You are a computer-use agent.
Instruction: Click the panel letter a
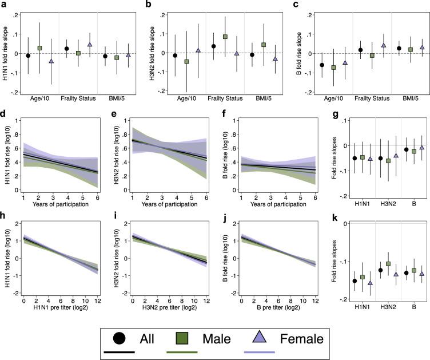[x=4, y=5]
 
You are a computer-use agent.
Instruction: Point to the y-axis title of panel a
[x=6, y=53]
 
